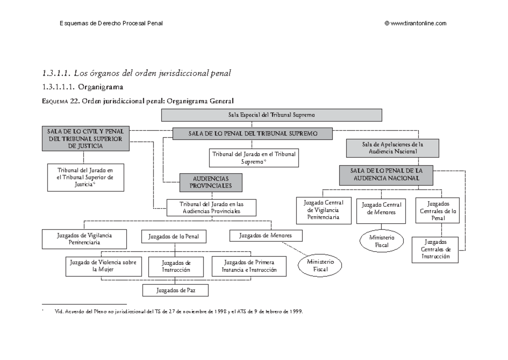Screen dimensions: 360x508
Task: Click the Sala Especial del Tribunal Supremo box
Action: [271, 115]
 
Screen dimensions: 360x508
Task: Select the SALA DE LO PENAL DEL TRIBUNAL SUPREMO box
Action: [252, 134]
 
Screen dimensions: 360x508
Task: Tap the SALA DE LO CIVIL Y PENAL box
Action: [86, 138]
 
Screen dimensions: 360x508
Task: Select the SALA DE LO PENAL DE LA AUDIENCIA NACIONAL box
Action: [386, 175]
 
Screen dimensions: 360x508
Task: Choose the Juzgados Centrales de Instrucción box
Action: [435, 249]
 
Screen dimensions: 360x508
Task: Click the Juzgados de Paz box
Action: [175, 291]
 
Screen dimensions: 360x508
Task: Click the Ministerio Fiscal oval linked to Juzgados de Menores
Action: [320, 266]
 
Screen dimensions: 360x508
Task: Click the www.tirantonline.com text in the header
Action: [418, 24]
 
